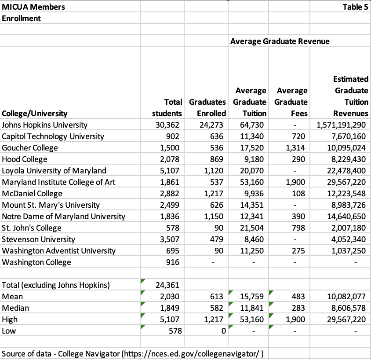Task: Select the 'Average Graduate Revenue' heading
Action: pyautogui.click(x=280, y=41)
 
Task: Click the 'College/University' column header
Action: pyautogui.click(x=35, y=113)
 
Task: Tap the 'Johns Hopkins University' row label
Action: pyautogui.click(x=45, y=125)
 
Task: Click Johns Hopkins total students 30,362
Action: pyautogui.click(x=169, y=125)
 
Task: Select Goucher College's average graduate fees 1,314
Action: pyautogui.click(x=298, y=147)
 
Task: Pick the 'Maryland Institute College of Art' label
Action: pyautogui.click(x=59, y=182)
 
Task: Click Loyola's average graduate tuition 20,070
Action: pyautogui.click(x=253, y=170)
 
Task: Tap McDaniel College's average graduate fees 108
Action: pyautogui.click(x=301, y=193)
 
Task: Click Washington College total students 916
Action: pyautogui.click(x=175, y=262)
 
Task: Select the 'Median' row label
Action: pyautogui.click(x=14, y=308)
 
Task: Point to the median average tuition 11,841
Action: pyautogui.click(x=253, y=308)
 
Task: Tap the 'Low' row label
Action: pyautogui.click(x=9, y=331)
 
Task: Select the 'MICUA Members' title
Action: pyautogui.click(x=34, y=7)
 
